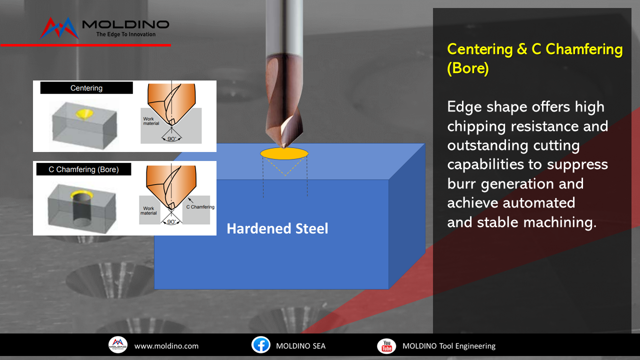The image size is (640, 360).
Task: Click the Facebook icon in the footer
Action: click(261, 345)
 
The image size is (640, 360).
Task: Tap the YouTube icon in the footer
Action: click(386, 345)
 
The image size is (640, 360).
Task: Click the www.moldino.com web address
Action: click(166, 346)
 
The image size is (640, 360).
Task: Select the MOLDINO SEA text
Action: click(300, 346)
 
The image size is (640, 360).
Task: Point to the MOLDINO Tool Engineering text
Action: click(449, 346)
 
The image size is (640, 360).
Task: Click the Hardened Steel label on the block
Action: click(277, 228)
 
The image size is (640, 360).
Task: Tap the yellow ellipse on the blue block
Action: click(284, 153)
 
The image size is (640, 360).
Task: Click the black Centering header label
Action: click(86, 87)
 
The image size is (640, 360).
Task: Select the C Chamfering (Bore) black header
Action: click(83, 169)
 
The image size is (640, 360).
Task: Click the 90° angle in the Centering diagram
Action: click(171, 138)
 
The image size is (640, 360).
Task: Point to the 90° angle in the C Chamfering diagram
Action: click(171, 221)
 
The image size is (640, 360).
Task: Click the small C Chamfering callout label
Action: click(200, 207)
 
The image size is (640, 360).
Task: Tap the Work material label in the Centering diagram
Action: click(151, 121)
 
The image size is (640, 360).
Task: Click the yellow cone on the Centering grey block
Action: click(84, 114)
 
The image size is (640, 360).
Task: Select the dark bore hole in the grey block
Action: click(81, 208)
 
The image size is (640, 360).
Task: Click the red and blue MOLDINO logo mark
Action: click(59, 28)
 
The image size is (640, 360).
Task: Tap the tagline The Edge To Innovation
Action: click(126, 34)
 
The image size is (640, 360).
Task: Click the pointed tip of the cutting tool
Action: click(284, 147)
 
